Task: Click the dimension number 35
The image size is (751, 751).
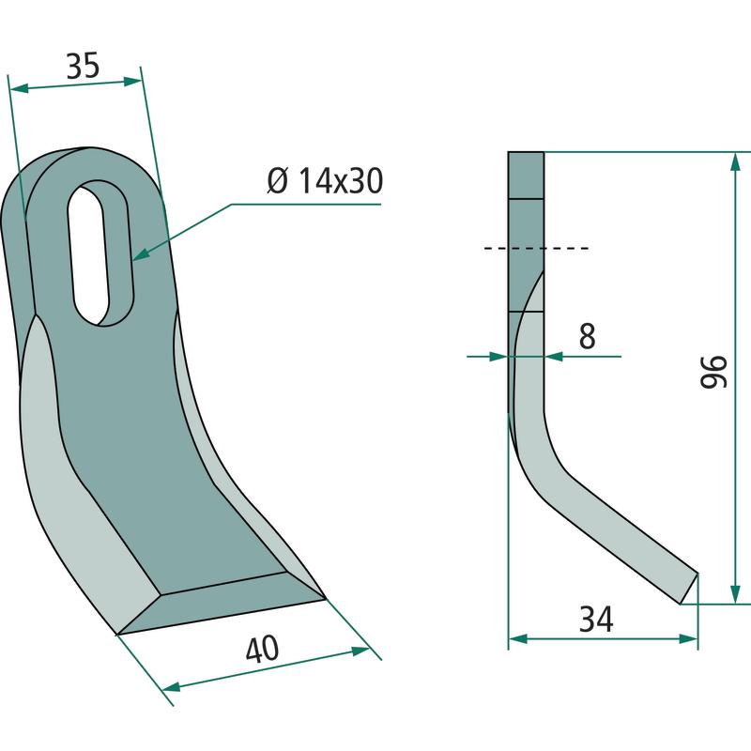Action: coord(83,66)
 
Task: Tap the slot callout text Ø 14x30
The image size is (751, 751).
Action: coord(325,180)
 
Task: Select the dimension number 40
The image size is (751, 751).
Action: coord(262,649)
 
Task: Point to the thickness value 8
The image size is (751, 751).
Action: coord(588,336)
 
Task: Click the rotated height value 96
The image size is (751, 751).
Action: coord(714,372)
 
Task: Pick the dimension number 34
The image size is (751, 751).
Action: coord(596,619)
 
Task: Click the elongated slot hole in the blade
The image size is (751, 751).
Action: coord(100,253)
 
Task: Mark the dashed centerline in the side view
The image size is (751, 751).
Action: coord(536,248)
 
